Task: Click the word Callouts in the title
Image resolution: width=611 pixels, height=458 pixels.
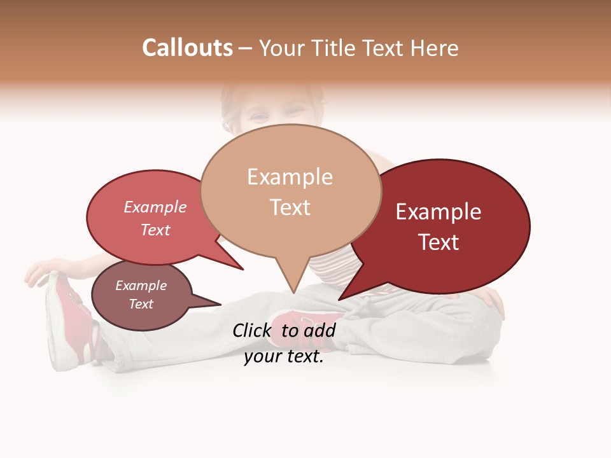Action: [187, 48]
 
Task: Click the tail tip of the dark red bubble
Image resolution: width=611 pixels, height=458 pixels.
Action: [340, 298]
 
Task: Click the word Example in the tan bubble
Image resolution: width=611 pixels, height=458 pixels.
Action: [290, 177]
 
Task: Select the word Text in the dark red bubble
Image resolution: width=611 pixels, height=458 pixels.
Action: [439, 242]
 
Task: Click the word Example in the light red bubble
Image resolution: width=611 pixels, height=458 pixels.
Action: [155, 207]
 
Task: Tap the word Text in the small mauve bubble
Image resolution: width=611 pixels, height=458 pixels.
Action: [141, 304]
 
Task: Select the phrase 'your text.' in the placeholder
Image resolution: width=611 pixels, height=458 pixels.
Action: [283, 357]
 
